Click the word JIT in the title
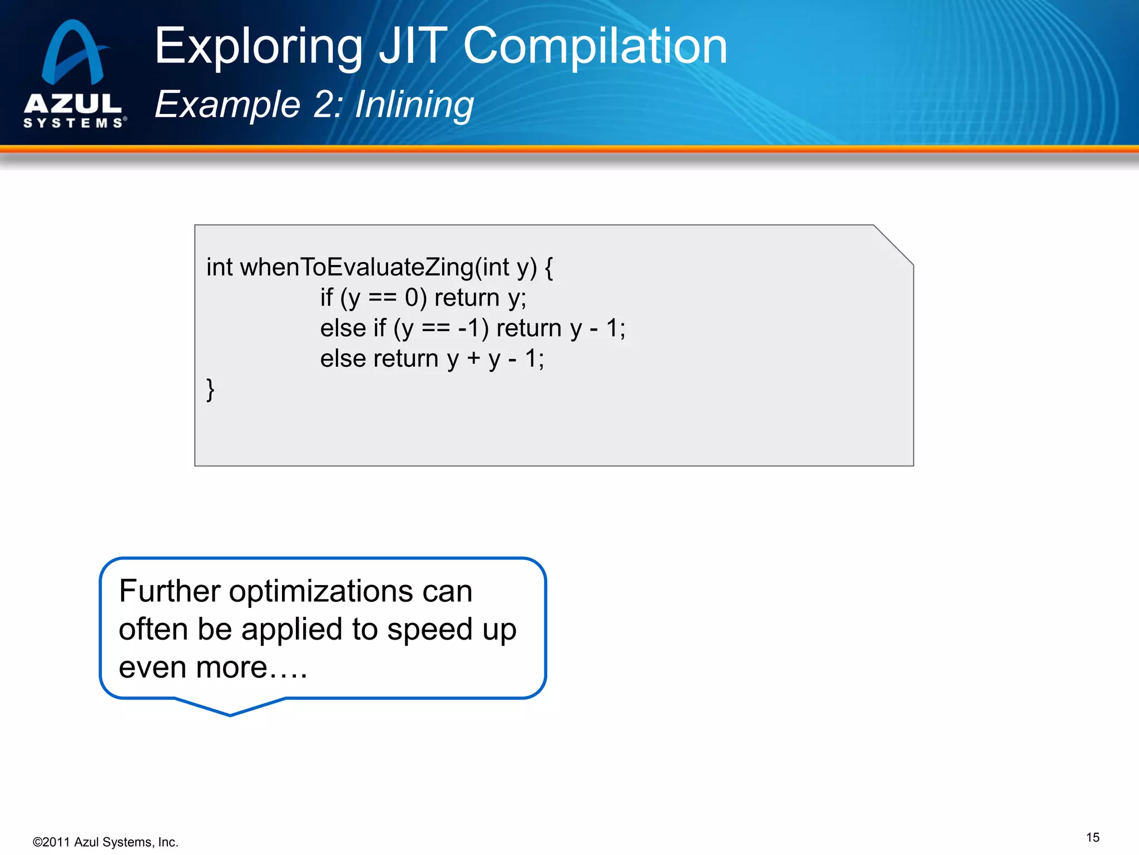click(413, 47)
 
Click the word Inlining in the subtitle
click(414, 105)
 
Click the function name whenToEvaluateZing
click(357, 268)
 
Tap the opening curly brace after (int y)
click(548, 268)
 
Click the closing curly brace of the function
click(210, 389)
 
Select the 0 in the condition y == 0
click(412, 298)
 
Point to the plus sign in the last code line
click(473, 358)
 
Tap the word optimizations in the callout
click(321, 591)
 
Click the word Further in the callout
click(170, 591)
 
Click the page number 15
click(1092, 837)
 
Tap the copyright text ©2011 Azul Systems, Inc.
click(106, 842)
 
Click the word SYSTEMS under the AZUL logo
click(73, 123)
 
